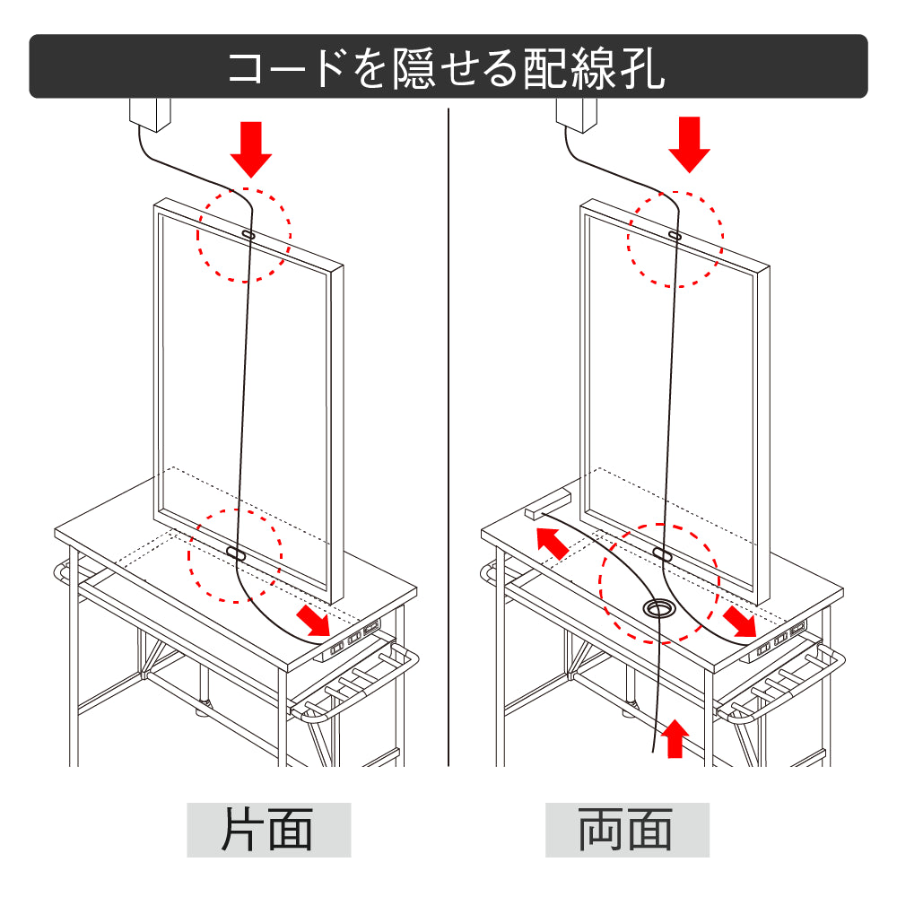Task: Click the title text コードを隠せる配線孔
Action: (447, 67)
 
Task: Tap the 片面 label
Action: (268, 830)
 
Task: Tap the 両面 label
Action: (627, 830)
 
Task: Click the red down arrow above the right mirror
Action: (689, 144)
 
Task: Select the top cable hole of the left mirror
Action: (248, 234)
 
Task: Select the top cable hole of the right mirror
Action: (675, 235)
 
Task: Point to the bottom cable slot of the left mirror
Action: (236, 554)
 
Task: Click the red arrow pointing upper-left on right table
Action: (552, 544)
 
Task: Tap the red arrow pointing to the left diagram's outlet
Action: (313, 618)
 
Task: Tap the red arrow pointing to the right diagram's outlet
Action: (740, 619)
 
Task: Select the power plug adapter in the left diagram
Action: (151, 115)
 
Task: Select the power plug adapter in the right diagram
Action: (577, 113)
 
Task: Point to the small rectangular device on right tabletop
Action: (547, 503)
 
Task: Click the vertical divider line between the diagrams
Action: (448, 431)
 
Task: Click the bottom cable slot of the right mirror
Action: (662, 554)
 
